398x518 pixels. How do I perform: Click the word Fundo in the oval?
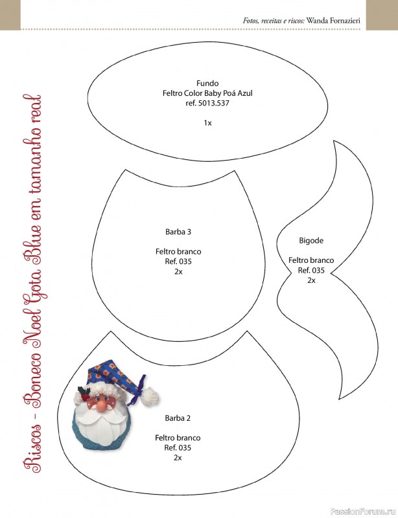click(x=207, y=84)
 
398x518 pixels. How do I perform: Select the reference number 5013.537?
click(x=213, y=103)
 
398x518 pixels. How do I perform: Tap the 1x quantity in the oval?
click(x=207, y=123)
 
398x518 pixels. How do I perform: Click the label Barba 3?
click(x=178, y=232)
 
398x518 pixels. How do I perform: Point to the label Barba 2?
click(x=178, y=418)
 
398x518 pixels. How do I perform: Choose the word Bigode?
click(x=311, y=241)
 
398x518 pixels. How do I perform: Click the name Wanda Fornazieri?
click(x=333, y=21)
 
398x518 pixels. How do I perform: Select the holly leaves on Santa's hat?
click(x=84, y=391)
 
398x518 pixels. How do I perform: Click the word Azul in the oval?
click(x=245, y=93)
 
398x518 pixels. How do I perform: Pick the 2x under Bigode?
click(x=311, y=280)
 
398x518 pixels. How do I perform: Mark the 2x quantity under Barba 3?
click(x=178, y=271)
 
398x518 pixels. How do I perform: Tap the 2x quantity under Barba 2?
click(x=178, y=458)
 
